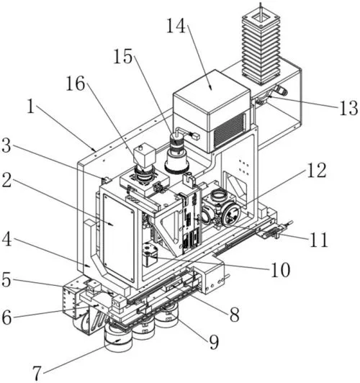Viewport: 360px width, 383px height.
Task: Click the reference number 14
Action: click(x=176, y=26)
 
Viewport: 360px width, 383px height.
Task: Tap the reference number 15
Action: click(x=123, y=56)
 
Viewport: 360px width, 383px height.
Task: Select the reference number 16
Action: click(x=76, y=84)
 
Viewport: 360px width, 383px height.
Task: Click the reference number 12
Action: click(x=317, y=170)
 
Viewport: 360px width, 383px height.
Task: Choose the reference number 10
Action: click(x=281, y=270)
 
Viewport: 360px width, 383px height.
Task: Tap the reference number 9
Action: click(x=213, y=342)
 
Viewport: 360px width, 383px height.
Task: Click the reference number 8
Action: click(x=234, y=315)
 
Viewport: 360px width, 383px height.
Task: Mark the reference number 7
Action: click(x=37, y=373)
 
